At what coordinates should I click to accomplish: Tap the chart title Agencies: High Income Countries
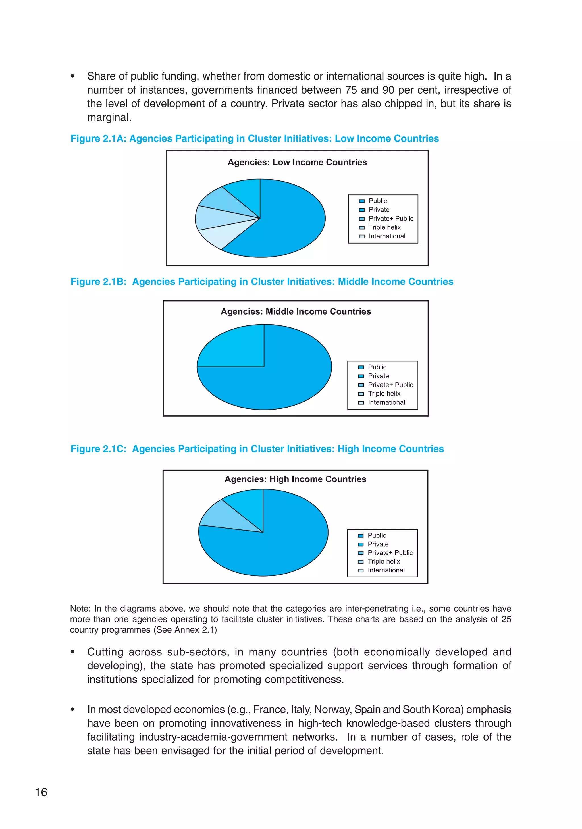[x=295, y=479]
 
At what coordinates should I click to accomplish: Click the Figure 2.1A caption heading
[x=255, y=139]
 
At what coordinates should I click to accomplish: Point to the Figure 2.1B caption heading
[x=262, y=282]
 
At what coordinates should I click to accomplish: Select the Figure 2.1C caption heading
[x=257, y=449]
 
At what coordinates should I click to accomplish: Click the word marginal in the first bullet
[x=108, y=118]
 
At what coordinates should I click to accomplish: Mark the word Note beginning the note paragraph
[x=80, y=609]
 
